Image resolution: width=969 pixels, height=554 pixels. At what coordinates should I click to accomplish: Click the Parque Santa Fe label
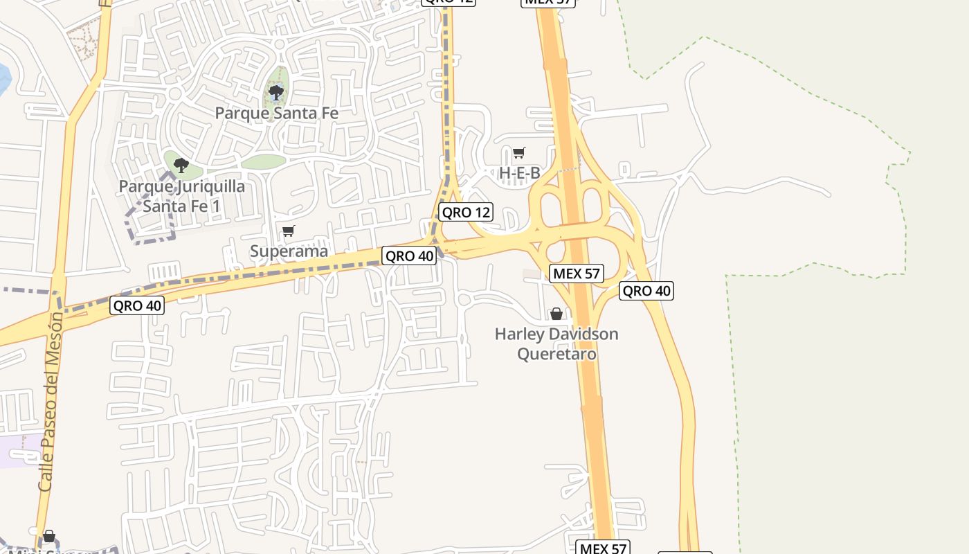pyautogui.click(x=276, y=112)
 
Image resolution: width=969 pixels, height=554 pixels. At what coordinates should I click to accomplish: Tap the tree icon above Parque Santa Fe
pyautogui.click(x=276, y=91)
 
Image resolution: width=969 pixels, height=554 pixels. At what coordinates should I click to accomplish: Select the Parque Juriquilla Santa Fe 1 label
pyautogui.click(x=181, y=196)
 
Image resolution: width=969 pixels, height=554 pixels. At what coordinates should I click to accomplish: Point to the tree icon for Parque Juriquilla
pyautogui.click(x=181, y=165)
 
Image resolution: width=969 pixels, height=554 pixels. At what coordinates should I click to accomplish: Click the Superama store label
pyautogui.click(x=289, y=251)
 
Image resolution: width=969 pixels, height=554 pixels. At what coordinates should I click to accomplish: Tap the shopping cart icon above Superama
pyautogui.click(x=289, y=231)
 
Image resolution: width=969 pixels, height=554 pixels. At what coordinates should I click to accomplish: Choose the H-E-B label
pyautogui.click(x=519, y=173)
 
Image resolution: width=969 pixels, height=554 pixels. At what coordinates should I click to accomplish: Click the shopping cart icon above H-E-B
pyautogui.click(x=518, y=152)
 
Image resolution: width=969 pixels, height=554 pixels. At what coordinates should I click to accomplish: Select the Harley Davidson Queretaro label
pyautogui.click(x=556, y=343)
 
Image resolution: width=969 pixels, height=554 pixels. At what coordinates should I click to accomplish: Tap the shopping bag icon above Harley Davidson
pyautogui.click(x=556, y=314)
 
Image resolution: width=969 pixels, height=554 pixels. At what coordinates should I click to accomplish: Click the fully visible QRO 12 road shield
pyautogui.click(x=466, y=213)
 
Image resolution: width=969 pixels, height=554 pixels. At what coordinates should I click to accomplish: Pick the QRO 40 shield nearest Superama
pyautogui.click(x=409, y=256)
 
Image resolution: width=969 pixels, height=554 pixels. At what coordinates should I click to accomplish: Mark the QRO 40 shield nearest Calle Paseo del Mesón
pyautogui.click(x=137, y=305)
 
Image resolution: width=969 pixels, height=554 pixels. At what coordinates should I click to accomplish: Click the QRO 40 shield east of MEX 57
pyautogui.click(x=646, y=291)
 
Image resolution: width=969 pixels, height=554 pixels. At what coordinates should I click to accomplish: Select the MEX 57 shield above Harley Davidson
pyautogui.click(x=576, y=274)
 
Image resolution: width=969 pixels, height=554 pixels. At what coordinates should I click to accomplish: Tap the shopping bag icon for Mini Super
pyautogui.click(x=49, y=536)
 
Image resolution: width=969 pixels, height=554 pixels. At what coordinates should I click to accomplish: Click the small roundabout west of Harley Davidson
pyautogui.click(x=464, y=299)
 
